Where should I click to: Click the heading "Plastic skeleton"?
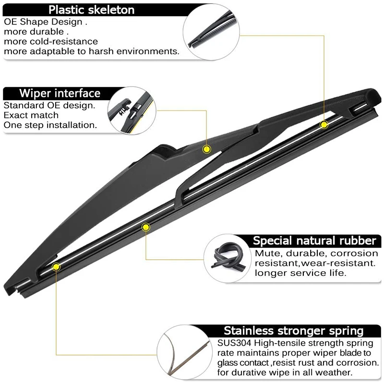(x=91, y=10)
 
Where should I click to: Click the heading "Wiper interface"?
(x=60, y=93)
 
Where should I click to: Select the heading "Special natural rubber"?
(x=314, y=241)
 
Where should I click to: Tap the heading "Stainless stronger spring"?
(x=294, y=331)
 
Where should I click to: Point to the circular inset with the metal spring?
(x=184, y=352)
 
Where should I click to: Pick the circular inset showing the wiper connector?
(x=132, y=110)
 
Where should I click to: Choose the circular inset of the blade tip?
(x=211, y=32)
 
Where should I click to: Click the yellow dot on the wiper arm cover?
(x=207, y=149)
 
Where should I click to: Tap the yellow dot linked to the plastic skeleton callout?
(x=324, y=125)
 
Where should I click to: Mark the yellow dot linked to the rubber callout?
(x=146, y=227)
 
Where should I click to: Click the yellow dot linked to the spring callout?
(x=56, y=267)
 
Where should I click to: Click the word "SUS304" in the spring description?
(x=234, y=343)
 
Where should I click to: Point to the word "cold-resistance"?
(x=64, y=41)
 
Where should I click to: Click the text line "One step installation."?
(x=50, y=125)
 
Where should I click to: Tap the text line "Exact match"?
(x=31, y=115)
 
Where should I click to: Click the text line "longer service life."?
(x=300, y=273)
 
